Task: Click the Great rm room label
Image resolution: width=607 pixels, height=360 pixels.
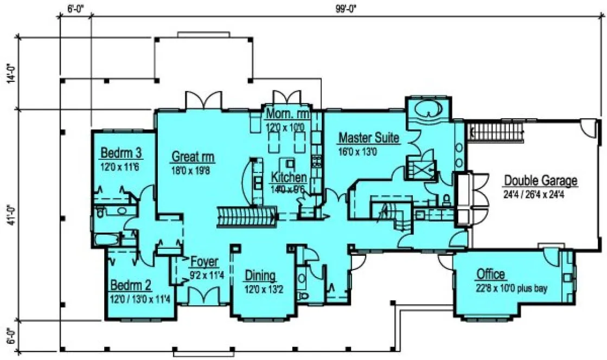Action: click(193, 157)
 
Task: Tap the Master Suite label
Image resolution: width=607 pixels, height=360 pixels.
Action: click(368, 138)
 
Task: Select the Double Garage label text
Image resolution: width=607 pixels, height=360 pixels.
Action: click(540, 181)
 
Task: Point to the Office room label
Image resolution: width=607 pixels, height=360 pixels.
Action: click(491, 274)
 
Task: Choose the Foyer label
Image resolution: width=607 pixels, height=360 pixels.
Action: click(204, 262)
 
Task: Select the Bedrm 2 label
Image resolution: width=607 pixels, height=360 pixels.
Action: click(131, 285)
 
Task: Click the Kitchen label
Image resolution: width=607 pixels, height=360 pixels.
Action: click(289, 177)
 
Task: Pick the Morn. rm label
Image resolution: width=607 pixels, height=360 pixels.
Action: click(287, 115)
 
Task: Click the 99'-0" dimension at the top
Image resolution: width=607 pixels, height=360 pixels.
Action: click(345, 7)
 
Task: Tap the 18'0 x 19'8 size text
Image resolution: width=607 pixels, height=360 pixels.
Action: click(193, 170)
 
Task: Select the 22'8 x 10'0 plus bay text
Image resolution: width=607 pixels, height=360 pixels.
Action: click(511, 288)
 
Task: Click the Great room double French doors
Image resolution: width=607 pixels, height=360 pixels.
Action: click(203, 100)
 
